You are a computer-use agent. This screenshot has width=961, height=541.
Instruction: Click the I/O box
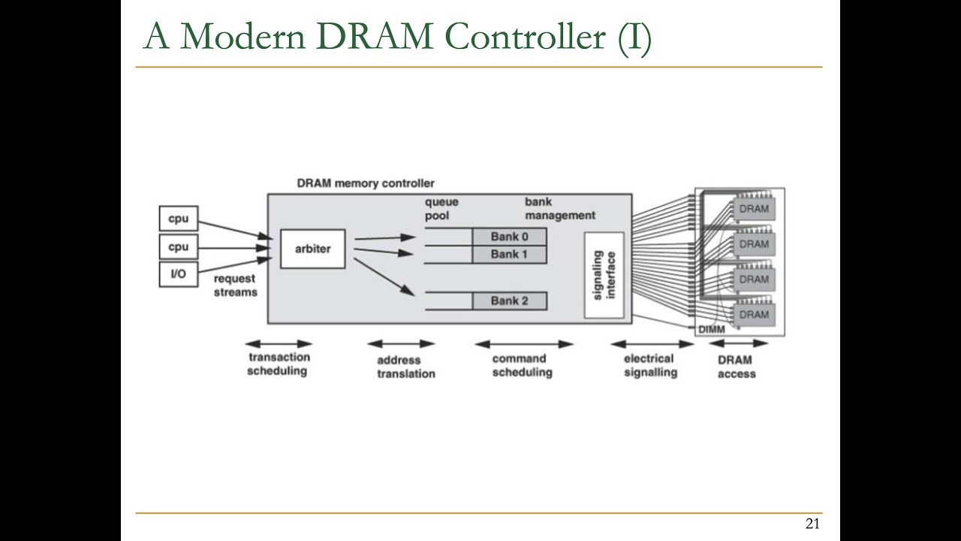click(x=178, y=274)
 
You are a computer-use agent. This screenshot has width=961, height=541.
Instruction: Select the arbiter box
click(x=312, y=249)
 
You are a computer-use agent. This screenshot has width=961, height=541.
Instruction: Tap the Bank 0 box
click(x=509, y=237)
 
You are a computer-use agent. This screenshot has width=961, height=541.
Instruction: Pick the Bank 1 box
click(x=509, y=254)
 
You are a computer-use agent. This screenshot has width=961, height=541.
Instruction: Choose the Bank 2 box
click(x=509, y=301)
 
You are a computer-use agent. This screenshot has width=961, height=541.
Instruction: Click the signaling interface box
click(x=604, y=275)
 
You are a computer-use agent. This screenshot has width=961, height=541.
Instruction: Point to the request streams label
click(x=234, y=285)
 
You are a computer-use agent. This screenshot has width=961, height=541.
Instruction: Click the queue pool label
click(x=441, y=208)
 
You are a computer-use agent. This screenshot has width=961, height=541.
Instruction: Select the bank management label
click(x=559, y=208)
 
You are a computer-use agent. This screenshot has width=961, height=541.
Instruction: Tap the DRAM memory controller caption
click(x=366, y=183)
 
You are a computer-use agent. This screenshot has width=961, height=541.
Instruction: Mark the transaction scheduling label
click(x=279, y=364)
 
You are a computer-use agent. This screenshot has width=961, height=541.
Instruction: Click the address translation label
click(x=405, y=367)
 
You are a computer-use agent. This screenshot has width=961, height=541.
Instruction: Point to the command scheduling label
click(x=522, y=365)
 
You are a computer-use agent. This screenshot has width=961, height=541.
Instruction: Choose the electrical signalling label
click(x=650, y=365)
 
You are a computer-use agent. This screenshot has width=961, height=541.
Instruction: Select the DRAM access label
click(x=737, y=367)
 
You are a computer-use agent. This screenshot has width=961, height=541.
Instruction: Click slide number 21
click(x=812, y=524)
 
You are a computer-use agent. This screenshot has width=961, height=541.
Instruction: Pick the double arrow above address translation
click(x=401, y=344)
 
